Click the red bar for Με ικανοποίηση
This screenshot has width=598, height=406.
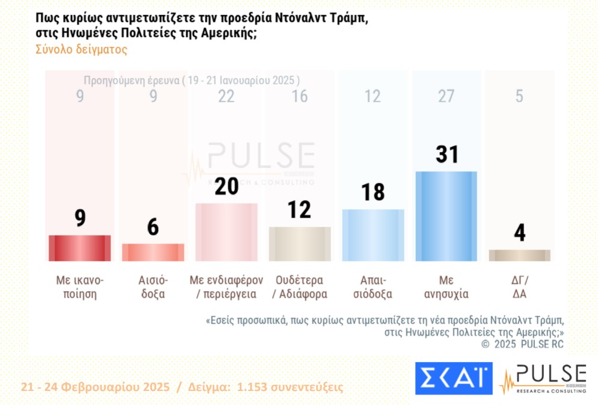click(x=79, y=248)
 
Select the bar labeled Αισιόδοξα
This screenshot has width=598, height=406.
click(x=153, y=252)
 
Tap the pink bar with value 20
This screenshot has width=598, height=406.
click(x=227, y=232)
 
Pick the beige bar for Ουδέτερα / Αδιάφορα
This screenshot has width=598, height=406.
click(x=300, y=244)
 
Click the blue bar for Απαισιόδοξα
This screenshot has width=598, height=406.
click(x=373, y=235)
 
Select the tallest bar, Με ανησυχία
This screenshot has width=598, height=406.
click(x=446, y=216)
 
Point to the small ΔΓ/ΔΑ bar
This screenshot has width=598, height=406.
click(x=519, y=255)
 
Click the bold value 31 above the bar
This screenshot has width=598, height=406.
click(x=446, y=155)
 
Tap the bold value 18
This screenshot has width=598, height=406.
click(x=373, y=192)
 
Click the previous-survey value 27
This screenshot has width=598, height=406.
click(x=446, y=96)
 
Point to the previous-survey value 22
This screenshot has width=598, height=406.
click(x=227, y=96)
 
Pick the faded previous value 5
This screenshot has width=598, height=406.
click(x=519, y=96)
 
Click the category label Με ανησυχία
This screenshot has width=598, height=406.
click(x=446, y=287)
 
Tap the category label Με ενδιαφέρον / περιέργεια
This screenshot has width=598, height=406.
click(x=227, y=287)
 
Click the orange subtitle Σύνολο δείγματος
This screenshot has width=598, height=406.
click(x=82, y=50)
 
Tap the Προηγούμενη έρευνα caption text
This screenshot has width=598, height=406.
click(x=192, y=80)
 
